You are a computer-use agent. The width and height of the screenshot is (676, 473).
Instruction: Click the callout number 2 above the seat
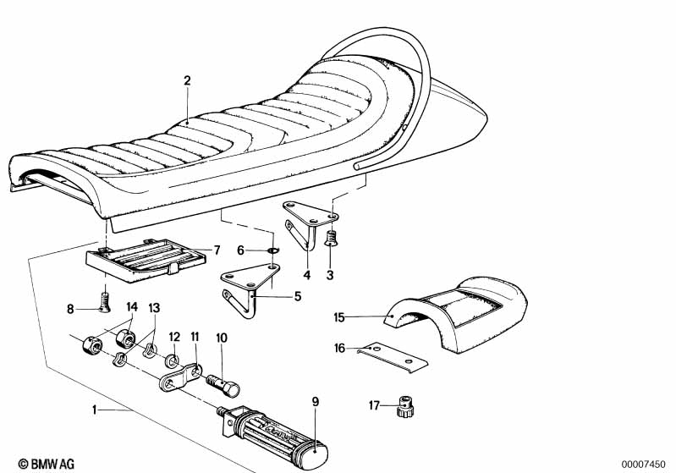pyautogui.click(x=187, y=80)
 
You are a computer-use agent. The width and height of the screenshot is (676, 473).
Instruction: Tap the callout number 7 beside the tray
pyautogui.click(x=217, y=250)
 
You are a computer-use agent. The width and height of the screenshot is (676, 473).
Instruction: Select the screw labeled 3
pyautogui.click(x=331, y=238)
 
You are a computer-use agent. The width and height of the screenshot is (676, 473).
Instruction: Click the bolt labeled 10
pyautogui.click(x=223, y=385)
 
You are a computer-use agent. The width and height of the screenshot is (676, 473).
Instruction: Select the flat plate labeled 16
pyautogui.click(x=393, y=357)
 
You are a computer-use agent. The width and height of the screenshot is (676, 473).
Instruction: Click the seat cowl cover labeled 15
pyautogui.click(x=457, y=315)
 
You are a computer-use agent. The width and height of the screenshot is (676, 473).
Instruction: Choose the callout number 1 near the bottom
pyautogui.click(x=95, y=410)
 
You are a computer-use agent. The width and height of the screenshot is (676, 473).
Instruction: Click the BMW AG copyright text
pyautogui.click(x=47, y=464)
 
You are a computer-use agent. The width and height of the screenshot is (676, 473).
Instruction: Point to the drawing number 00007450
pyautogui.click(x=643, y=465)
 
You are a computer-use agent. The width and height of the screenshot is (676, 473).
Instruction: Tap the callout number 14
pyautogui.click(x=132, y=307)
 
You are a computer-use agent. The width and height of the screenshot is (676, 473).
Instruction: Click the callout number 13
pyautogui.click(x=154, y=308)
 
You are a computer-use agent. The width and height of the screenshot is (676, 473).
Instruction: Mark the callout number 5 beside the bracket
pyautogui.click(x=298, y=297)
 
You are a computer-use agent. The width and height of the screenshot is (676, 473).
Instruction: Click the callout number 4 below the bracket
pyautogui.click(x=307, y=275)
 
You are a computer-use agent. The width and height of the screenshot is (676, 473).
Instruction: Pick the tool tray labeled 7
pyautogui.click(x=146, y=260)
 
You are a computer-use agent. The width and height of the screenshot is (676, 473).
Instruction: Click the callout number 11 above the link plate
pyautogui.click(x=195, y=337)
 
